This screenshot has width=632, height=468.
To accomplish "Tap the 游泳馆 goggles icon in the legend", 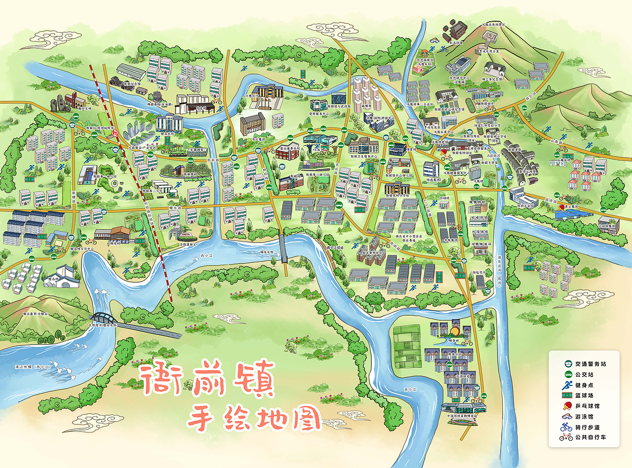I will coord(566,417).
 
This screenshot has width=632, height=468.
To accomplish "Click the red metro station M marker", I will coord(115,133).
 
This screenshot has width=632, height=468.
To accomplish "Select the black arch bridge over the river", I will coord(104,317).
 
